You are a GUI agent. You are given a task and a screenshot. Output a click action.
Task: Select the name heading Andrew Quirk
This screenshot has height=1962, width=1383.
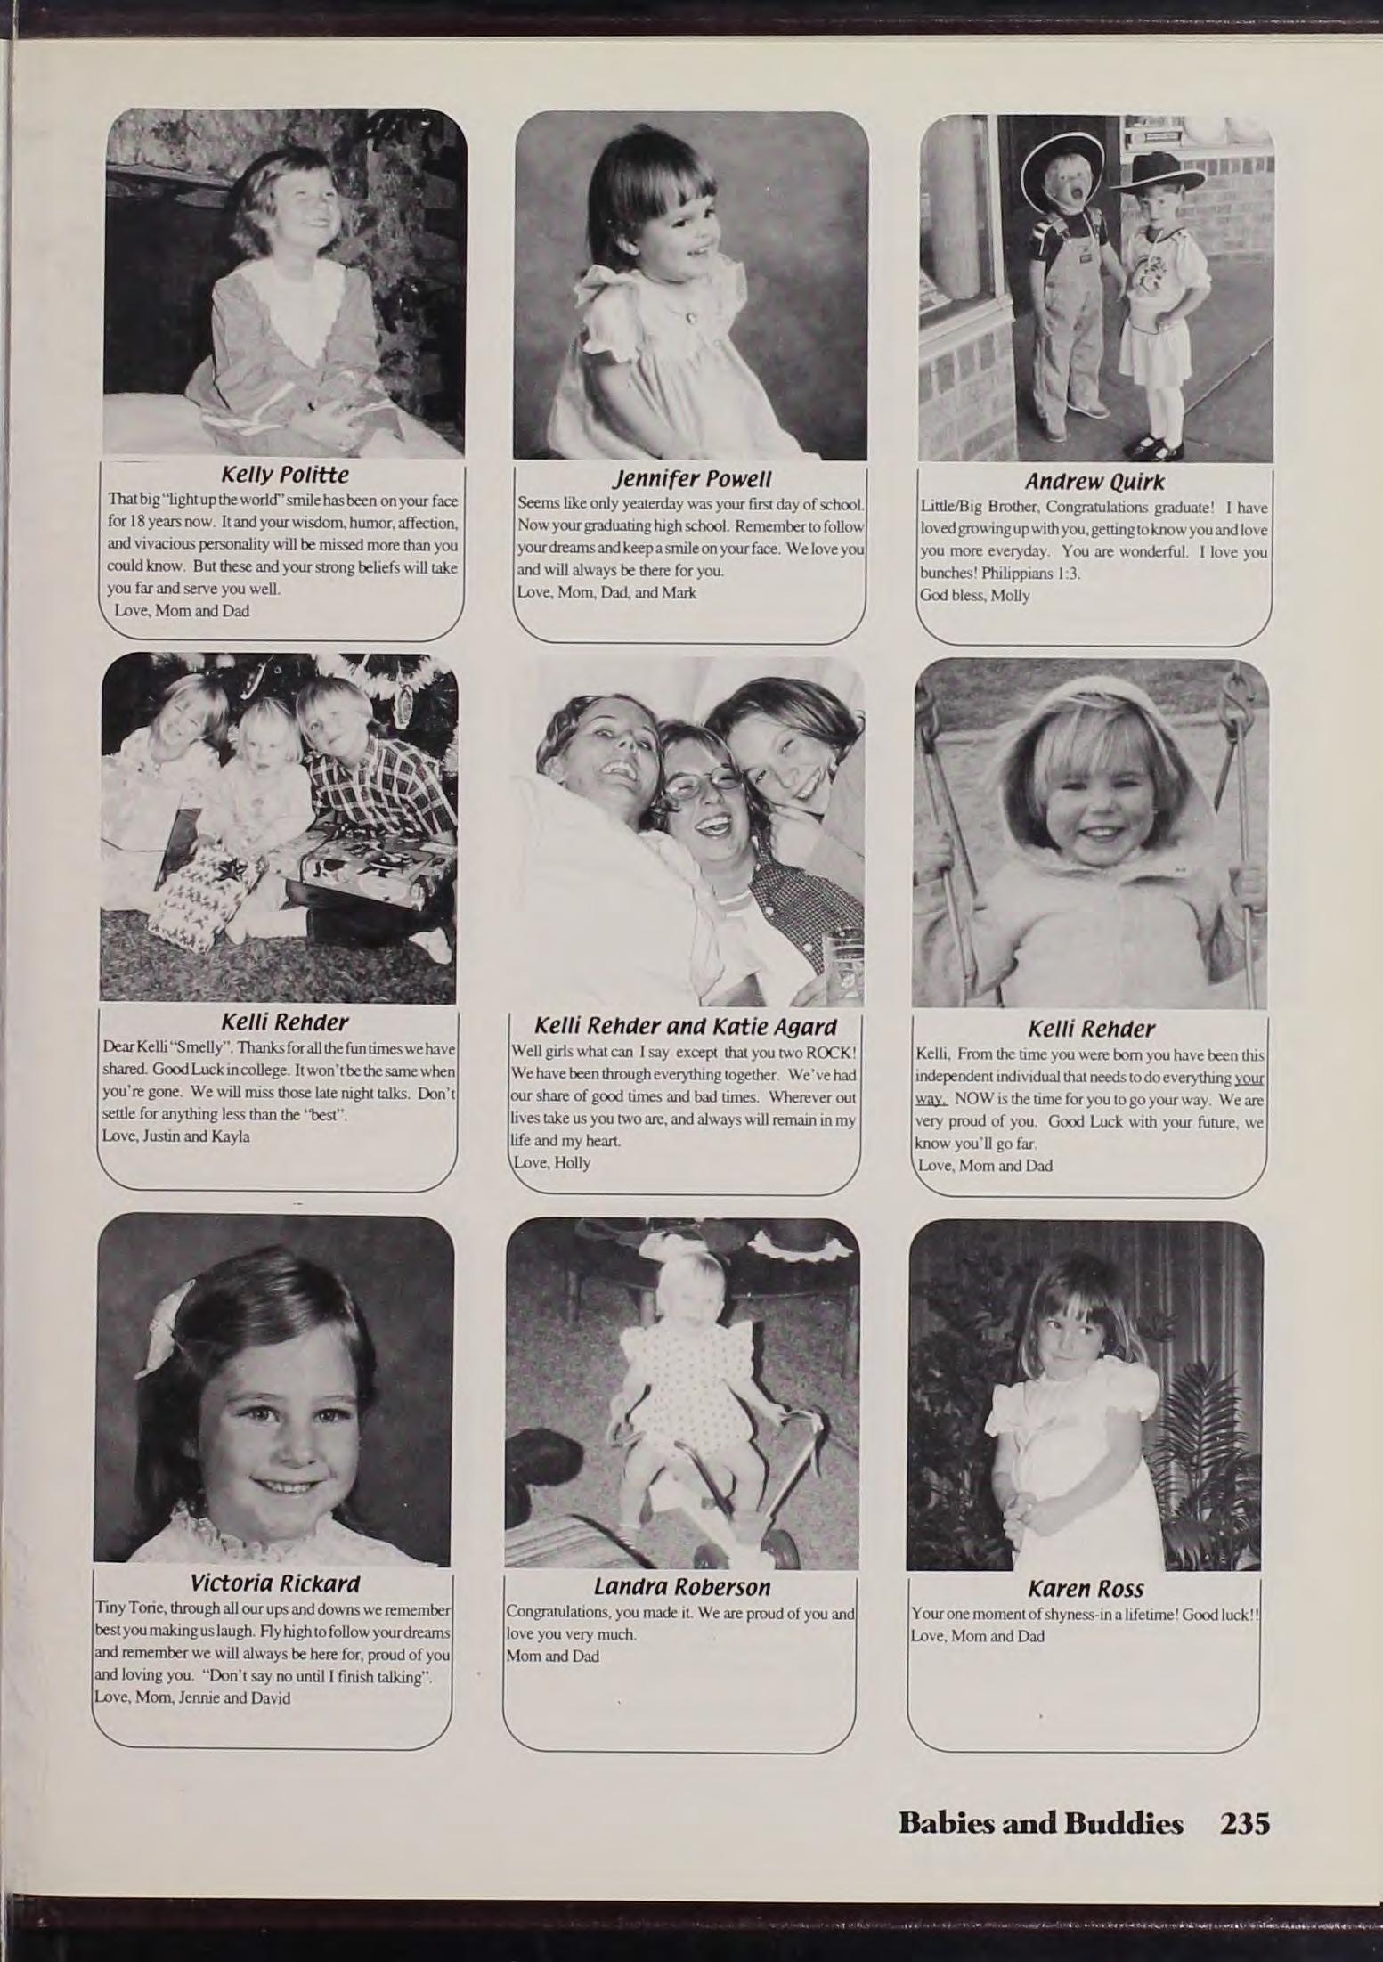(1094, 483)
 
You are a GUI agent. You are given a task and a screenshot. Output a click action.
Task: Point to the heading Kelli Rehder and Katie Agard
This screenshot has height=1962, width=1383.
(685, 1025)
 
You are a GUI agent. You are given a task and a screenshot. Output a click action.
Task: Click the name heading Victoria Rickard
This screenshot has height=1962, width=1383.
(274, 1584)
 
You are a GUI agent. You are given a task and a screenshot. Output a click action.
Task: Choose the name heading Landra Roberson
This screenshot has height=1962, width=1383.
(681, 1587)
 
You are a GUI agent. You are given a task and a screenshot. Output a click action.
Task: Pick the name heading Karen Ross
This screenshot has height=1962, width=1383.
(1085, 1589)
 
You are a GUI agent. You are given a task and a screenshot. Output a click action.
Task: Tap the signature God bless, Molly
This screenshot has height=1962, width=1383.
(974, 596)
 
